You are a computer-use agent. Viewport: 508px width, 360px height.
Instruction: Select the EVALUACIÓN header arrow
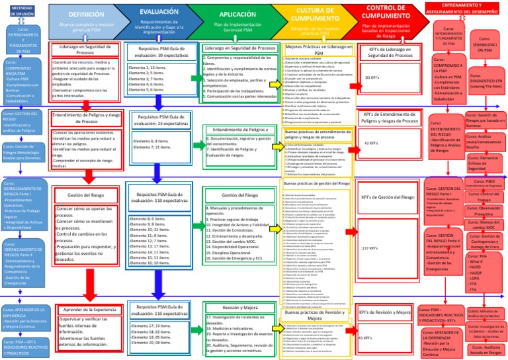(159, 18)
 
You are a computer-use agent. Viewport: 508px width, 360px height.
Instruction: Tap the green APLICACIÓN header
(236, 19)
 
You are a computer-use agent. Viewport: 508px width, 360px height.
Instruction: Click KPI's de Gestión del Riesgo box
(387, 197)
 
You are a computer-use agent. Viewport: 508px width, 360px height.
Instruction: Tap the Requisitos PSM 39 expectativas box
(159, 52)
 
